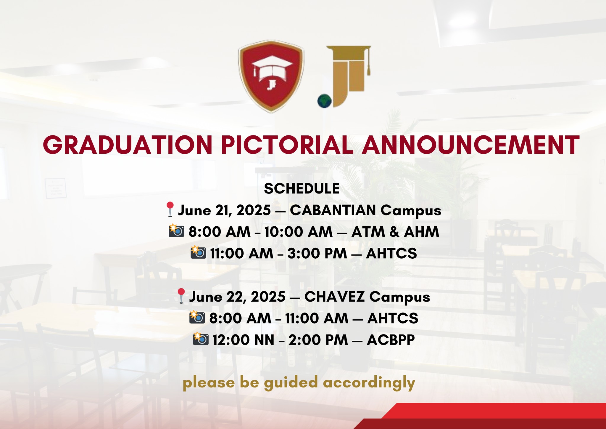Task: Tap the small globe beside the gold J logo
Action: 324,101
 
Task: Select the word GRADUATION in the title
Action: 128,145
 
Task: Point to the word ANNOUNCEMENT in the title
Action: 470,145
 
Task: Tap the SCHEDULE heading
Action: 302,189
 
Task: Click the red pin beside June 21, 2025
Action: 170,209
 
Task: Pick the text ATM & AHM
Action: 395,232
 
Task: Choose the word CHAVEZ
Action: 335,297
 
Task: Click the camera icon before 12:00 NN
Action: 201,339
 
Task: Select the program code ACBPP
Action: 391,340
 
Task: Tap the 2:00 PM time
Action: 318,340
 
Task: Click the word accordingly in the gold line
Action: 369,383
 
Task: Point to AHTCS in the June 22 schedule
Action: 393,318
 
